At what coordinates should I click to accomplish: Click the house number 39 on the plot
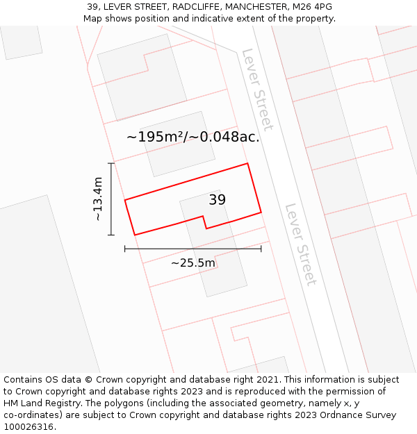point(218,200)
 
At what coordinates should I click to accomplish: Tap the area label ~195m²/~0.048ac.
point(193,137)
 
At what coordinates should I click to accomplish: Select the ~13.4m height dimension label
point(98,199)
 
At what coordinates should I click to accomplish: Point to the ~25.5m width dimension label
point(193,263)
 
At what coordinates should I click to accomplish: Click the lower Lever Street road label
point(300,244)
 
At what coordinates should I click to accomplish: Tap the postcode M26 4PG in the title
point(312,7)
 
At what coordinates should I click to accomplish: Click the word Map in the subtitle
point(93,19)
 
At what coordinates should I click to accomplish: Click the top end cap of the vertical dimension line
point(111,163)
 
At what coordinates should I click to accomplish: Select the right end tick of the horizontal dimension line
point(261,248)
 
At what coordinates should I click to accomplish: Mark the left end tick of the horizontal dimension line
point(125,248)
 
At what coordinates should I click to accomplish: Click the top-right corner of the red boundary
point(247,164)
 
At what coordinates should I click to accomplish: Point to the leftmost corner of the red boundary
point(125,201)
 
